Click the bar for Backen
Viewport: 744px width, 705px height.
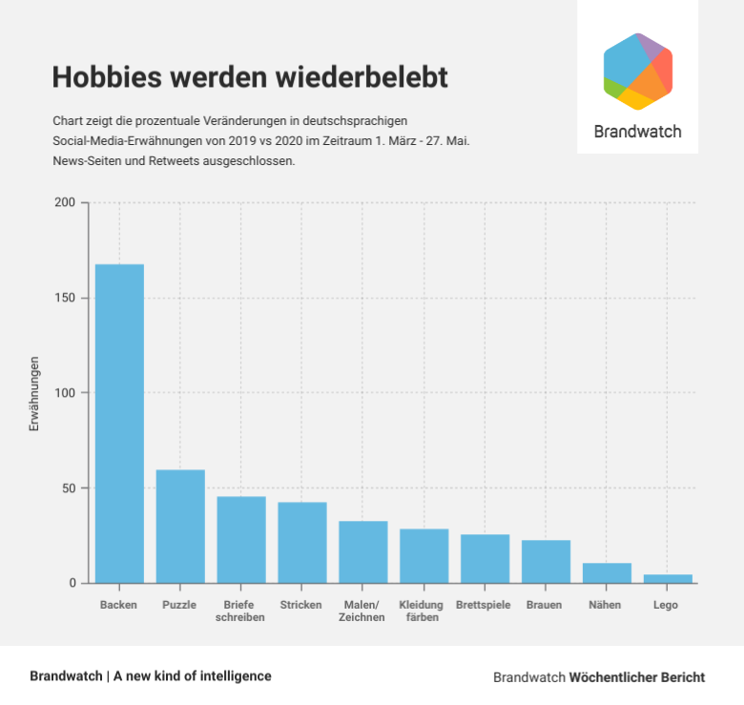[x=119, y=423]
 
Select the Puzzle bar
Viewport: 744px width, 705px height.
[x=180, y=526]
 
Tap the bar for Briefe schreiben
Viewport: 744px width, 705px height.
[x=241, y=539]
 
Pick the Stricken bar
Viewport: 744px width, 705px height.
[x=302, y=542]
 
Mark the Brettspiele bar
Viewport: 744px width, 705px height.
[x=485, y=558]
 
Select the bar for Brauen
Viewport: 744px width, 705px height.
[x=546, y=561]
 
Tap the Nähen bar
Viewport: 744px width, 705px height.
[x=607, y=572]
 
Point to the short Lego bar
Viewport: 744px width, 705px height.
[x=668, y=578]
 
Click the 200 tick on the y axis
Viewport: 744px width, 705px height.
[x=65, y=202]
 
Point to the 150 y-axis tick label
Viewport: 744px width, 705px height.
[x=65, y=298]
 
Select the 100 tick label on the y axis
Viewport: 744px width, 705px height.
[x=65, y=393]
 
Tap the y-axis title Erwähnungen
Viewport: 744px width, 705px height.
[x=34, y=394]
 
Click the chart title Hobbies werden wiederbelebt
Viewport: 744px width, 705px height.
[x=249, y=77]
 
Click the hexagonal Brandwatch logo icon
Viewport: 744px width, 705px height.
[x=638, y=72]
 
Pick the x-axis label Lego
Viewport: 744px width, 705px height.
[x=666, y=605]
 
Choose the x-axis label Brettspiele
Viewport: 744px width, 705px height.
[x=484, y=605]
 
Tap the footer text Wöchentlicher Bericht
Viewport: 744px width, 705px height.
[x=637, y=677]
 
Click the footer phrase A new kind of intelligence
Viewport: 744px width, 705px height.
[x=192, y=675]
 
